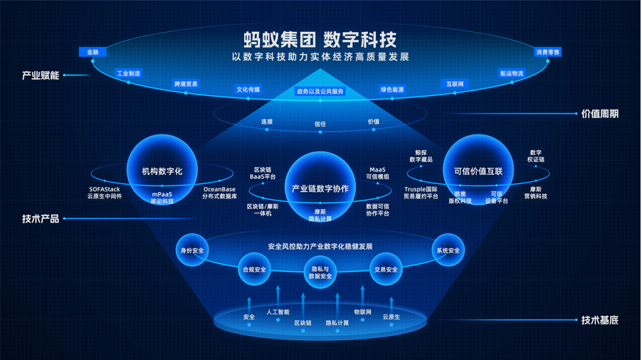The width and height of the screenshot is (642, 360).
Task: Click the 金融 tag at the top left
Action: point(93,52)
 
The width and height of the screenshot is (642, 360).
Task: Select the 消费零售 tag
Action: point(547,52)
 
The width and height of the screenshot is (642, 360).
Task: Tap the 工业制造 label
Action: point(129,73)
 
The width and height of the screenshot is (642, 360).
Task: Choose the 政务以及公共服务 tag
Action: point(320,92)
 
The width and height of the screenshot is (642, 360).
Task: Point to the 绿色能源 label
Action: point(392,90)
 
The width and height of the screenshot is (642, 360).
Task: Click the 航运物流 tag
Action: point(511,73)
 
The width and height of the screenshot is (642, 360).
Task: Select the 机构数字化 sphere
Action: point(162,171)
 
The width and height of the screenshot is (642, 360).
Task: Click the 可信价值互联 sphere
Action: point(478,171)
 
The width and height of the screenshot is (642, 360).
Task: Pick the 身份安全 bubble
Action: point(192,250)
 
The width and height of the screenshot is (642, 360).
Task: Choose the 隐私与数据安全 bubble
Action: point(320,272)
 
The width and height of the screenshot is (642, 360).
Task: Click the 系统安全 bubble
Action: point(448,250)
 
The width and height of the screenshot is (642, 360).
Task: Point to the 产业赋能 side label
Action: point(41,75)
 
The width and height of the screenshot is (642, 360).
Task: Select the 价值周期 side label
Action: point(599,114)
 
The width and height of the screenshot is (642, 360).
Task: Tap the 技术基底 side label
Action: point(599,320)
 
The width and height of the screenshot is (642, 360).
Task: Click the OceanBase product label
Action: point(219,193)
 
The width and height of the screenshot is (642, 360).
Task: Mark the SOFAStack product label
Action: point(105,193)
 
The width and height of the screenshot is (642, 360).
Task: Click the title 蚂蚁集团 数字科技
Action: point(320,38)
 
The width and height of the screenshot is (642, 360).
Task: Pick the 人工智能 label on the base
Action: point(278,312)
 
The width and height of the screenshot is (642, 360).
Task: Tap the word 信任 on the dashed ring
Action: point(320,124)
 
